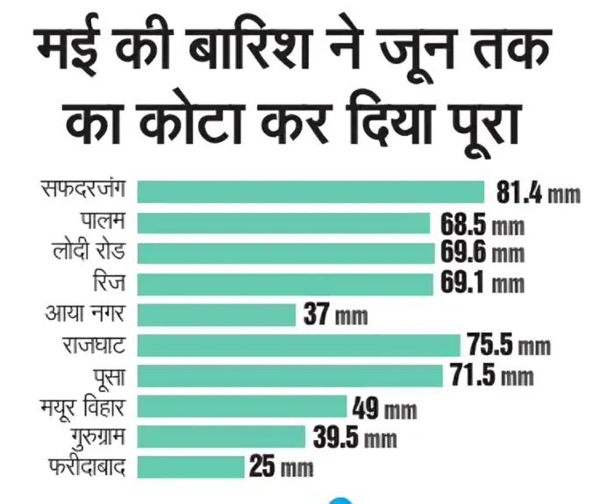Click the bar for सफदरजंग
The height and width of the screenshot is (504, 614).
(x=311, y=191)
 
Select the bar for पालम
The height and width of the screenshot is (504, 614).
(x=283, y=223)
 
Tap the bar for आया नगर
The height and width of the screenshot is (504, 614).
(x=217, y=315)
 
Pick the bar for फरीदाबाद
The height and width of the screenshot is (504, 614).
(x=190, y=466)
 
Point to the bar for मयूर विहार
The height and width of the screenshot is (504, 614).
(x=242, y=406)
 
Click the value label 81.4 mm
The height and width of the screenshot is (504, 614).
(x=538, y=192)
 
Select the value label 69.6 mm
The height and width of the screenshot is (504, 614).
(x=482, y=253)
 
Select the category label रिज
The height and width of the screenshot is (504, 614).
(x=110, y=283)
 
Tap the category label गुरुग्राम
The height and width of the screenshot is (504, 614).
(x=87, y=436)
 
